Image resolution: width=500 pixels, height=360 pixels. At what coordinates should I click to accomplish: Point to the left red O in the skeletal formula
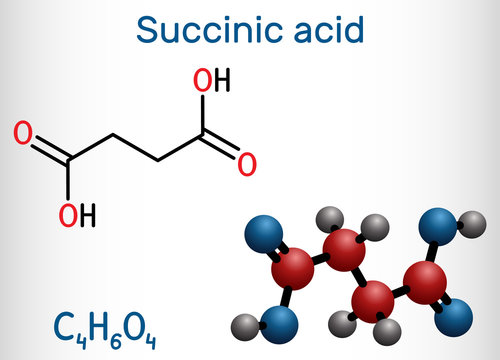coord(21,132)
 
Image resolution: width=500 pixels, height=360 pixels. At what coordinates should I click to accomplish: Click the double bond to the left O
coord(43,143)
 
